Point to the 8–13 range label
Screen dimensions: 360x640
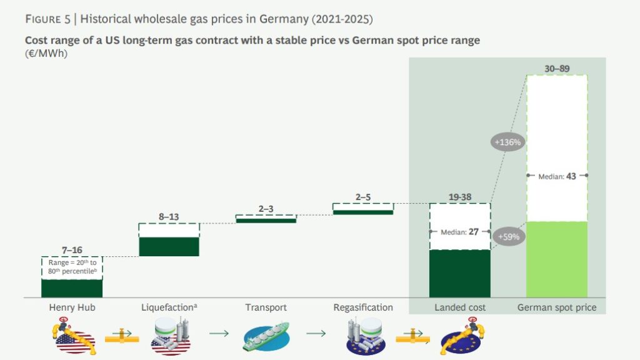(x=169, y=217)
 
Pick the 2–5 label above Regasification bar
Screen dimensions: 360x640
(x=363, y=197)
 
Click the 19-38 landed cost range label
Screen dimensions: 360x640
(x=460, y=197)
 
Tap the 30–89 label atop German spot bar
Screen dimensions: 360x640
(x=556, y=68)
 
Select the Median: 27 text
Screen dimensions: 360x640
(x=460, y=232)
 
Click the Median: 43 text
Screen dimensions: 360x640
(x=557, y=177)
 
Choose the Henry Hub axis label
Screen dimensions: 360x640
(x=71, y=307)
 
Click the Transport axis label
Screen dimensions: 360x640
(x=266, y=307)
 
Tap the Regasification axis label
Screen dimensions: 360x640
(x=363, y=307)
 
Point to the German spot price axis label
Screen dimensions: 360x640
(x=557, y=307)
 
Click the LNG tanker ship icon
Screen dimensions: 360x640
(x=266, y=337)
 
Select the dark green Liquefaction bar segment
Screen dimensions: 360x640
(x=169, y=246)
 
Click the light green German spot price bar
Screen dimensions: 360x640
(x=557, y=259)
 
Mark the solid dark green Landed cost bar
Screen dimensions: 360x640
(x=460, y=274)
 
